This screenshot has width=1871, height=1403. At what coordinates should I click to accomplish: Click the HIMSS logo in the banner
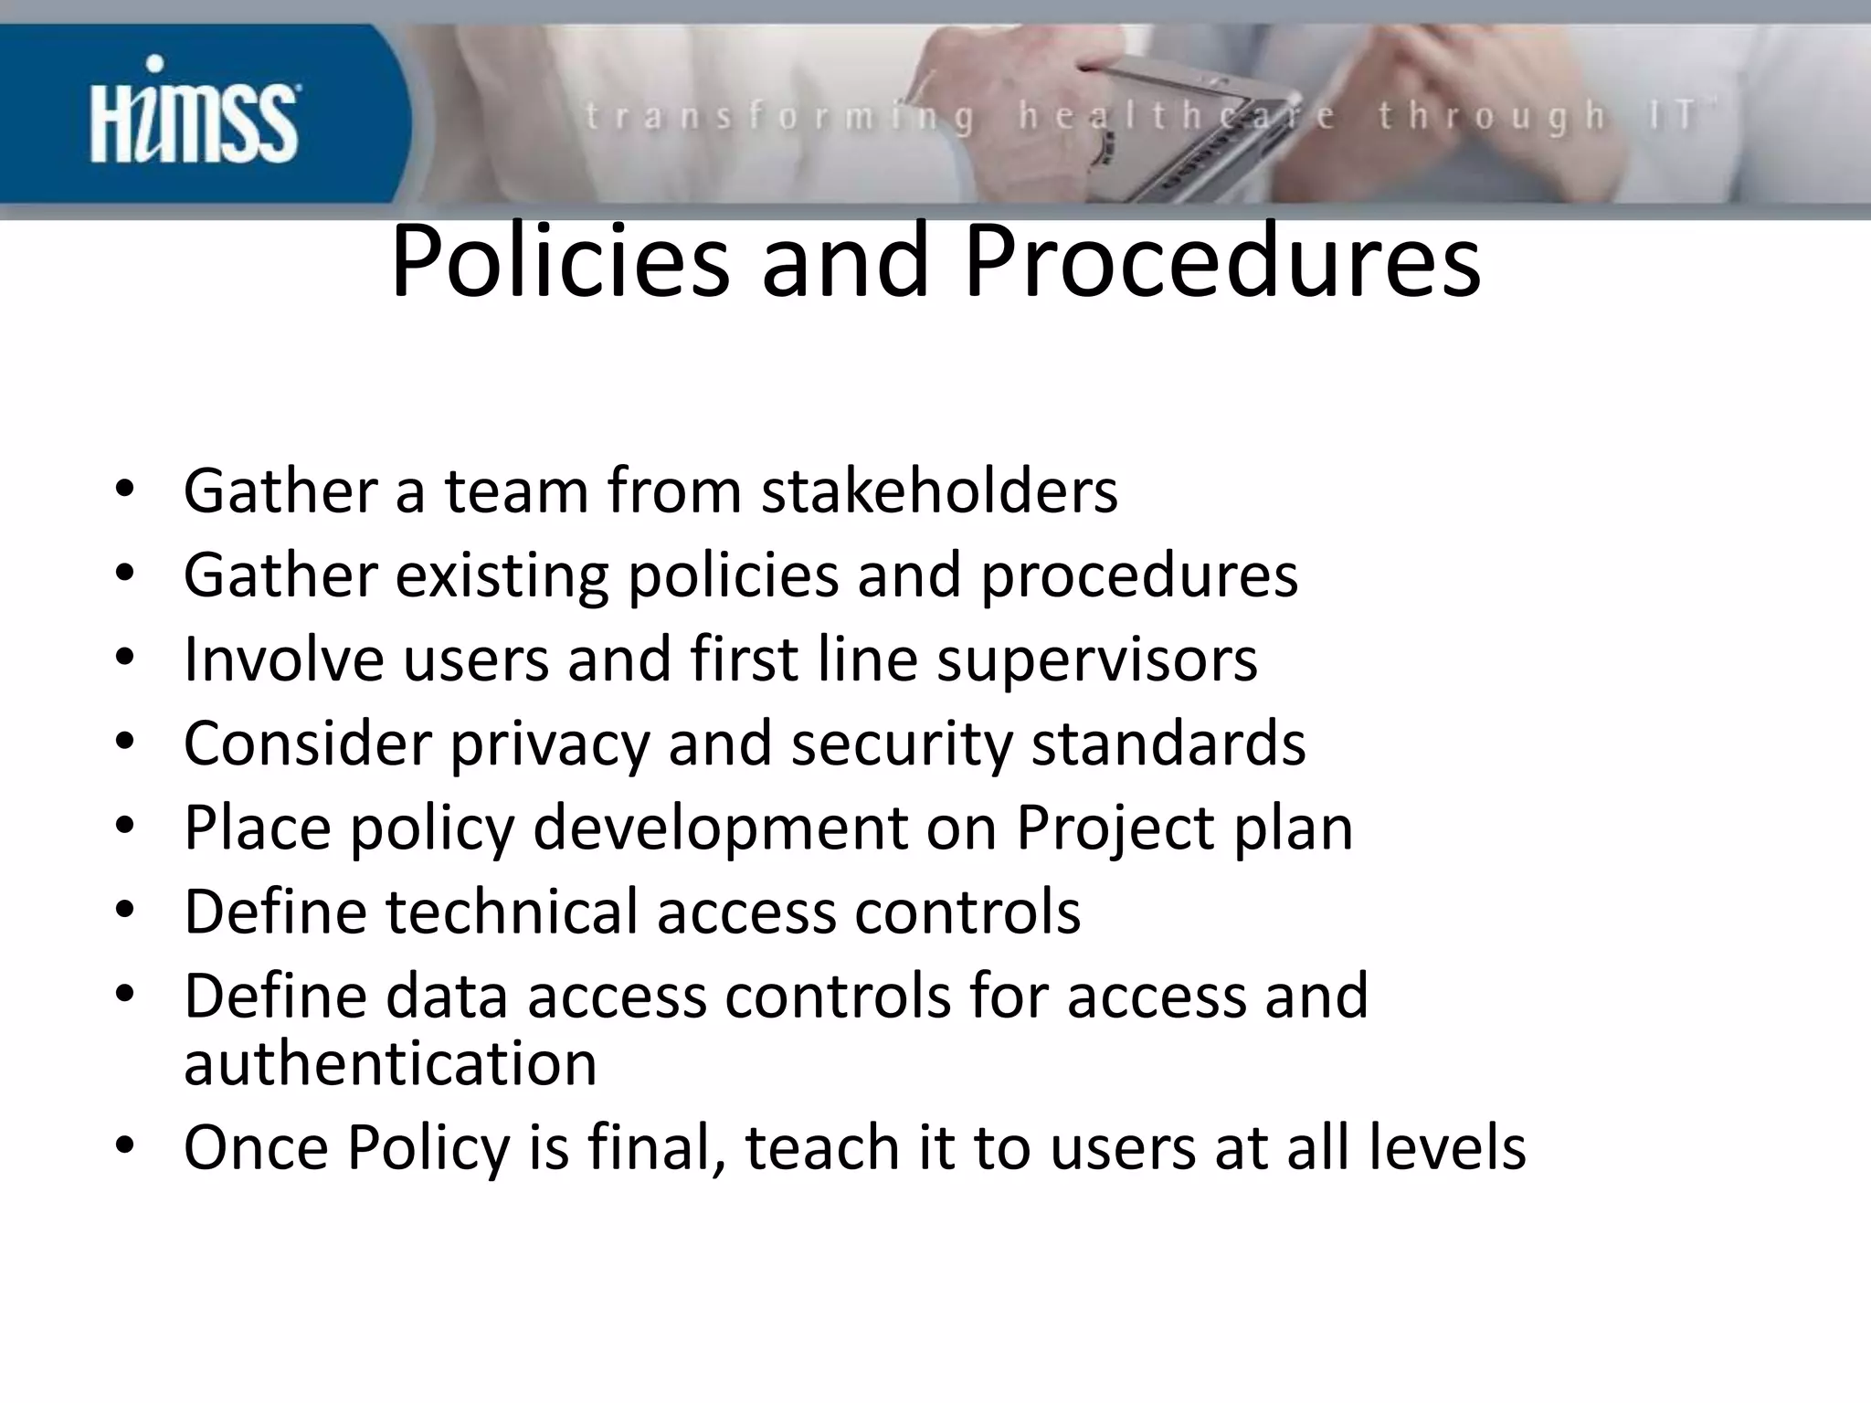point(195,113)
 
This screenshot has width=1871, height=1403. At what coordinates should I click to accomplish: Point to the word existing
point(502,576)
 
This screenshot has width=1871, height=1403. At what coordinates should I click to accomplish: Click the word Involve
point(283,659)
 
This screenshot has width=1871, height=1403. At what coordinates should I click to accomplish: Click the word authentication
point(390,1063)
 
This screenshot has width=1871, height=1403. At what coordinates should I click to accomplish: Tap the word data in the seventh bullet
point(447,996)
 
